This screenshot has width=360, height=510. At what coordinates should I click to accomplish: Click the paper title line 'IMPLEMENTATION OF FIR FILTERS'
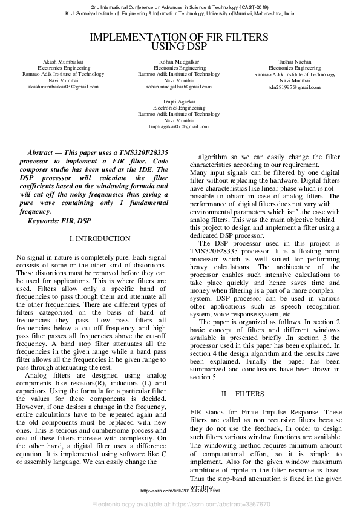click(x=179, y=37)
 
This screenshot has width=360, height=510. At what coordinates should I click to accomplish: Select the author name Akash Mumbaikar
click(x=59, y=62)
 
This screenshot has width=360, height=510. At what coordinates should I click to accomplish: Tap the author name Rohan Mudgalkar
click(x=179, y=62)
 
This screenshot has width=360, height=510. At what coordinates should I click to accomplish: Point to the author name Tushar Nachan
click(x=295, y=62)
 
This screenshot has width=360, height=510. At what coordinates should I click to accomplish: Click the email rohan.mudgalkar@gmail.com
click(x=179, y=87)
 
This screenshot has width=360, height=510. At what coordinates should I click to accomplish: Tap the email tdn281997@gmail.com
click(x=295, y=87)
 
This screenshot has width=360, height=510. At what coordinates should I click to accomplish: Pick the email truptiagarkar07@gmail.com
click(x=179, y=126)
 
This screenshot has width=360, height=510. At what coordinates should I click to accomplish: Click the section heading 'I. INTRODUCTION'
click(x=100, y=239)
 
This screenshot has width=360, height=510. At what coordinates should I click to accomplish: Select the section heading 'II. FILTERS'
click(x=242, y=394)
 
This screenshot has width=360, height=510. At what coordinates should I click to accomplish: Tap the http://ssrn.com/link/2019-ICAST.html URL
click(x=180, y=491)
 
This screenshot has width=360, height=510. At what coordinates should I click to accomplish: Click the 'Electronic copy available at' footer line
click(x=180, y=503)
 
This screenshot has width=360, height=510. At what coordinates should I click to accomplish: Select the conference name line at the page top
click(x=180, y=7)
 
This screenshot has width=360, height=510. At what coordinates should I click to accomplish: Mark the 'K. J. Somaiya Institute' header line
click(x=180, y=13)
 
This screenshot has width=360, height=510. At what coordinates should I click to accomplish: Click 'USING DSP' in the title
click(x=179, y=46)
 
